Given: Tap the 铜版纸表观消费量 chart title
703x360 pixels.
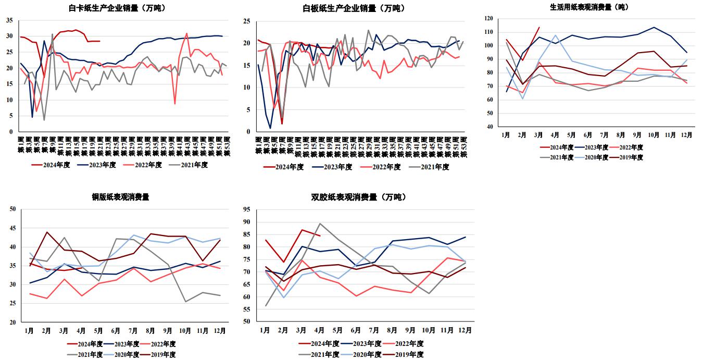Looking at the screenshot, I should click(x=121, y=197).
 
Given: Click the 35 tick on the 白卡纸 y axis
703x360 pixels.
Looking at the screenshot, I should click(x=10, y=20).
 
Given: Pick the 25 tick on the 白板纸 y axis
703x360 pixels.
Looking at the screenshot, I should click(x=247, y=21).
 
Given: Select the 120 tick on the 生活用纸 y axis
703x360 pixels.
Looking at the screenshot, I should click(x=488, y=18).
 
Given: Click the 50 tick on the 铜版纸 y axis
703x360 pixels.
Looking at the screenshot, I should click(x=14, y=209).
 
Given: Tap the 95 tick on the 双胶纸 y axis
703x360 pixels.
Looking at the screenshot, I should click(x=247, y=209).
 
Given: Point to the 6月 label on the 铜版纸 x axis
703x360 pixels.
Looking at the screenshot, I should click(x=116, y=330).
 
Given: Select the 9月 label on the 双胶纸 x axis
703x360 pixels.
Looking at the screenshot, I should click(x=410, y=330).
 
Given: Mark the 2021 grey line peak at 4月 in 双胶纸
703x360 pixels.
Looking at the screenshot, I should click(x=319, y=224).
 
